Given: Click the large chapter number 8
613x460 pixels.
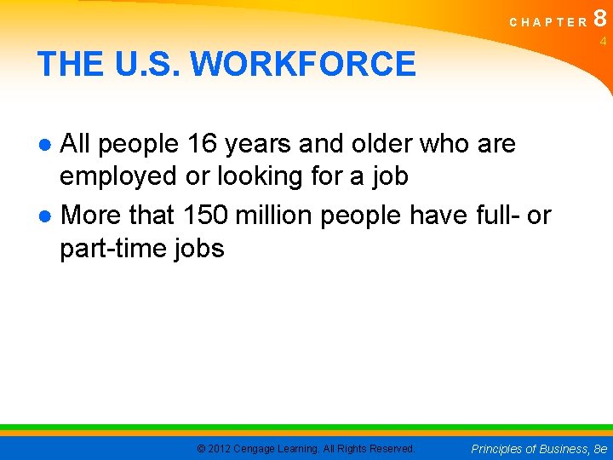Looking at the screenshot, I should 600,20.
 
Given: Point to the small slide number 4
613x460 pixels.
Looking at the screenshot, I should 602,41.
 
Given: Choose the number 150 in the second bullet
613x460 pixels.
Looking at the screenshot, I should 205,215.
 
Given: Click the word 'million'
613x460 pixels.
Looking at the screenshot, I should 274,215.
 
